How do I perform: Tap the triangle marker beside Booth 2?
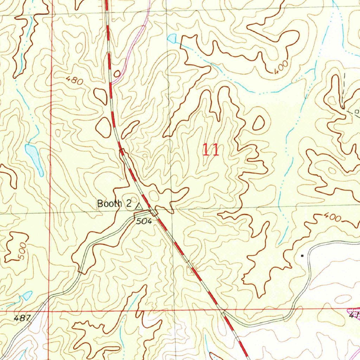(139, 206)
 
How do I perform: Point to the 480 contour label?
(75, 81)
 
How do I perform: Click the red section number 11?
(211, 150)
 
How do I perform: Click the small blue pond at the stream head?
(172, 38)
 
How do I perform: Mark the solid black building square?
(302, 256)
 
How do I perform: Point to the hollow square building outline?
(356, 112)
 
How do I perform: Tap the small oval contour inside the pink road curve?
(117, 73)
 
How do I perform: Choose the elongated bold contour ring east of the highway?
(130, 129)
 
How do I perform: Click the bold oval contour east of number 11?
(258, 123)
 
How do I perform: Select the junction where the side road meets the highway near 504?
(154, 212)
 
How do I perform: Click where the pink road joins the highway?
(112, 82)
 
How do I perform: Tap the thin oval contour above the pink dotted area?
(343, 299)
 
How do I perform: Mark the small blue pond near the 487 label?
(27, 296)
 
